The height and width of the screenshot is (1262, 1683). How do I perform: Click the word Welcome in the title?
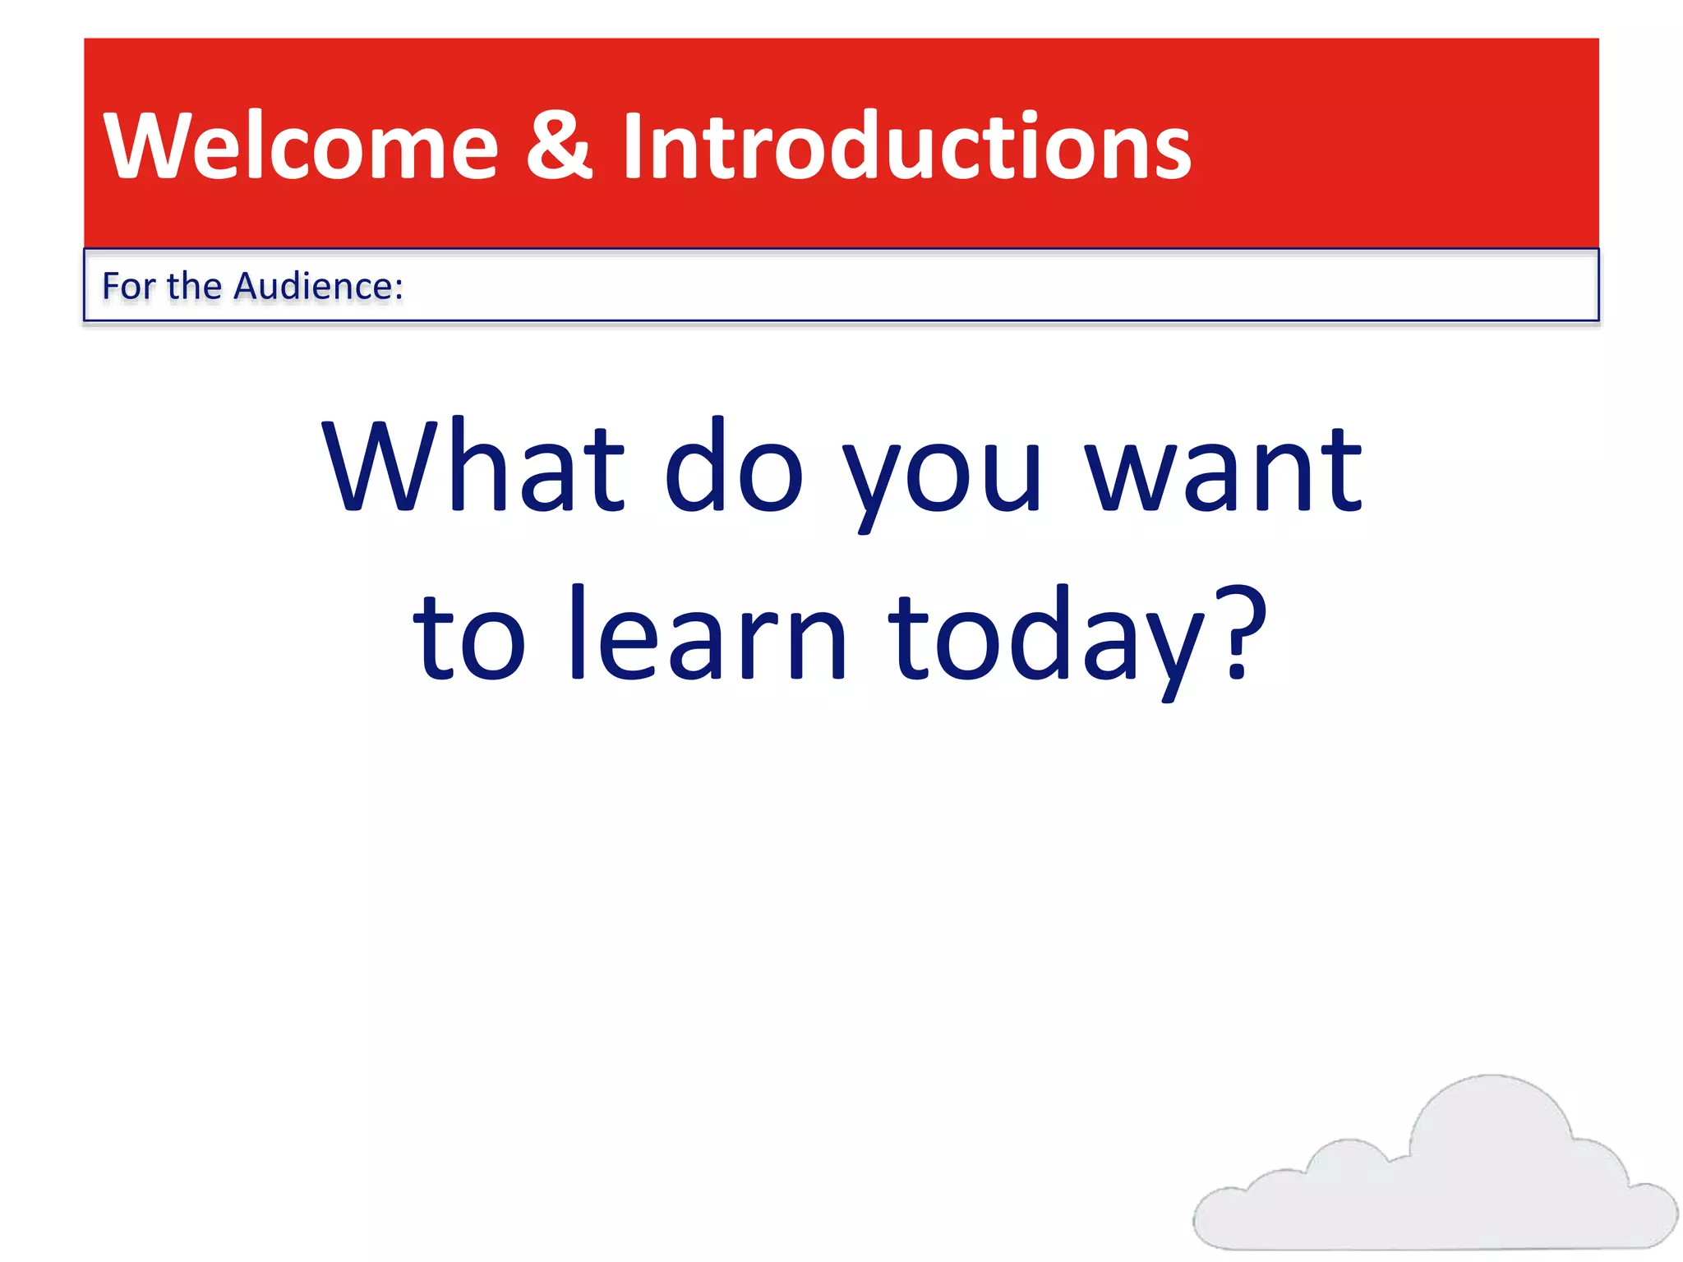pyautogui.click(x=301, y=146)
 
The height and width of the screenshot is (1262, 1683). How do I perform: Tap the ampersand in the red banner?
pyautogui.click(x=559, y=146)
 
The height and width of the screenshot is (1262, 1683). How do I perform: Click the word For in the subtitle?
pyautogui.click(x=128, y=286)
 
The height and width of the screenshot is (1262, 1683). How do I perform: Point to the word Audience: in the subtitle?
pyautogui.click(x=319, y=286)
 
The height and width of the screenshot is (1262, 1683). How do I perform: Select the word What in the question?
pyautogui.click(x=473, y=468)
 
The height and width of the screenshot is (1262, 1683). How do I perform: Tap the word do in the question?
pyautogui.click(x=733, y=468)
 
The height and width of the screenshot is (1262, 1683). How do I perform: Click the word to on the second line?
pyautogui.click(x=468, y=637)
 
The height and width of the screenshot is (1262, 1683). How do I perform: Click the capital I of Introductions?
pyautogui.click(x=631, y=146)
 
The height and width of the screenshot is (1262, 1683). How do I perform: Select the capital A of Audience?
pyautogui.click(x=247, y=286)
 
